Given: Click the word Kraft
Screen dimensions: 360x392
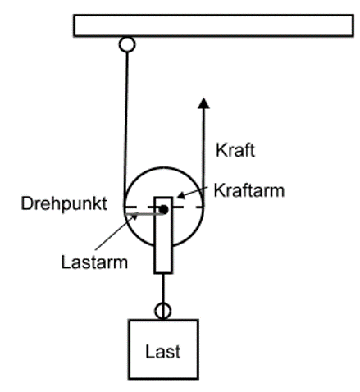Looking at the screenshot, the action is click(x=235, y=150).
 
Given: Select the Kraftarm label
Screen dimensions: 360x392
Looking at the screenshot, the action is click(x=249, y=190).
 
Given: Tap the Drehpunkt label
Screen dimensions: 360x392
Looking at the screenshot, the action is click(x=64, y=204).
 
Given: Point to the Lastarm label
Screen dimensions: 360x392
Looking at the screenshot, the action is click(x=94, y=262).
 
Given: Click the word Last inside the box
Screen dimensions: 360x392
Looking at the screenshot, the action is click(x=163, y=352).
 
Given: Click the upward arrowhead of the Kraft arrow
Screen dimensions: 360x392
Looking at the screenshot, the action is click(x=203, y=103).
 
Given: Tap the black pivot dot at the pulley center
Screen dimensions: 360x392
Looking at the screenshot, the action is click(x=163, y=210).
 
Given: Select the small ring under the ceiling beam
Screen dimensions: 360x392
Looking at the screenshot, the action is click(x=127, y=44).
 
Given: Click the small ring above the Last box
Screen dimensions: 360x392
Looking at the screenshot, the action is click(x=163, y=311).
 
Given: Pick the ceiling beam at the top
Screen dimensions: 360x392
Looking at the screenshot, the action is click(x=213, y=25).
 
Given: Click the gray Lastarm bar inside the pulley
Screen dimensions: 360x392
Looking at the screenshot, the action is click(x=144, y=213).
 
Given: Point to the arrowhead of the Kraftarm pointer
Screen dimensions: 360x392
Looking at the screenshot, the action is click(x=181, y=195).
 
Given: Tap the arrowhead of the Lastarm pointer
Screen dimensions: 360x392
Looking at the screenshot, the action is click(x=134, y=217).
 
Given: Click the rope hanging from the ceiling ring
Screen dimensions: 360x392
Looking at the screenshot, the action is click(x=126, y=129).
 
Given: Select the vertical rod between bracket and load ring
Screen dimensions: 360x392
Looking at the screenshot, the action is click(x=163, y=288).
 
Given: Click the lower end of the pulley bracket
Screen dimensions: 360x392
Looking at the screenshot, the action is click(x=163, y=272).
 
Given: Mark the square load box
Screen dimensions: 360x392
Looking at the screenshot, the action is click(x=163, y=349).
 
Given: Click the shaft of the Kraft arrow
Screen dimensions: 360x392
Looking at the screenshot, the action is click(x=203, y=157).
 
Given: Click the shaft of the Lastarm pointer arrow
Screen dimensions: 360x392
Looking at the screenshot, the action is click(x=115, y=233).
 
